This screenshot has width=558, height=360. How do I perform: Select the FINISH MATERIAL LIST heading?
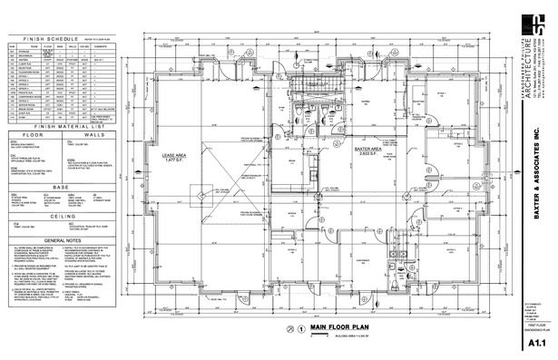coord(62,126)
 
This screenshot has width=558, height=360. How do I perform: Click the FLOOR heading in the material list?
coord(32,134)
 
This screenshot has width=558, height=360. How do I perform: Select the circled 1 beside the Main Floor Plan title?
coord(300,328)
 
